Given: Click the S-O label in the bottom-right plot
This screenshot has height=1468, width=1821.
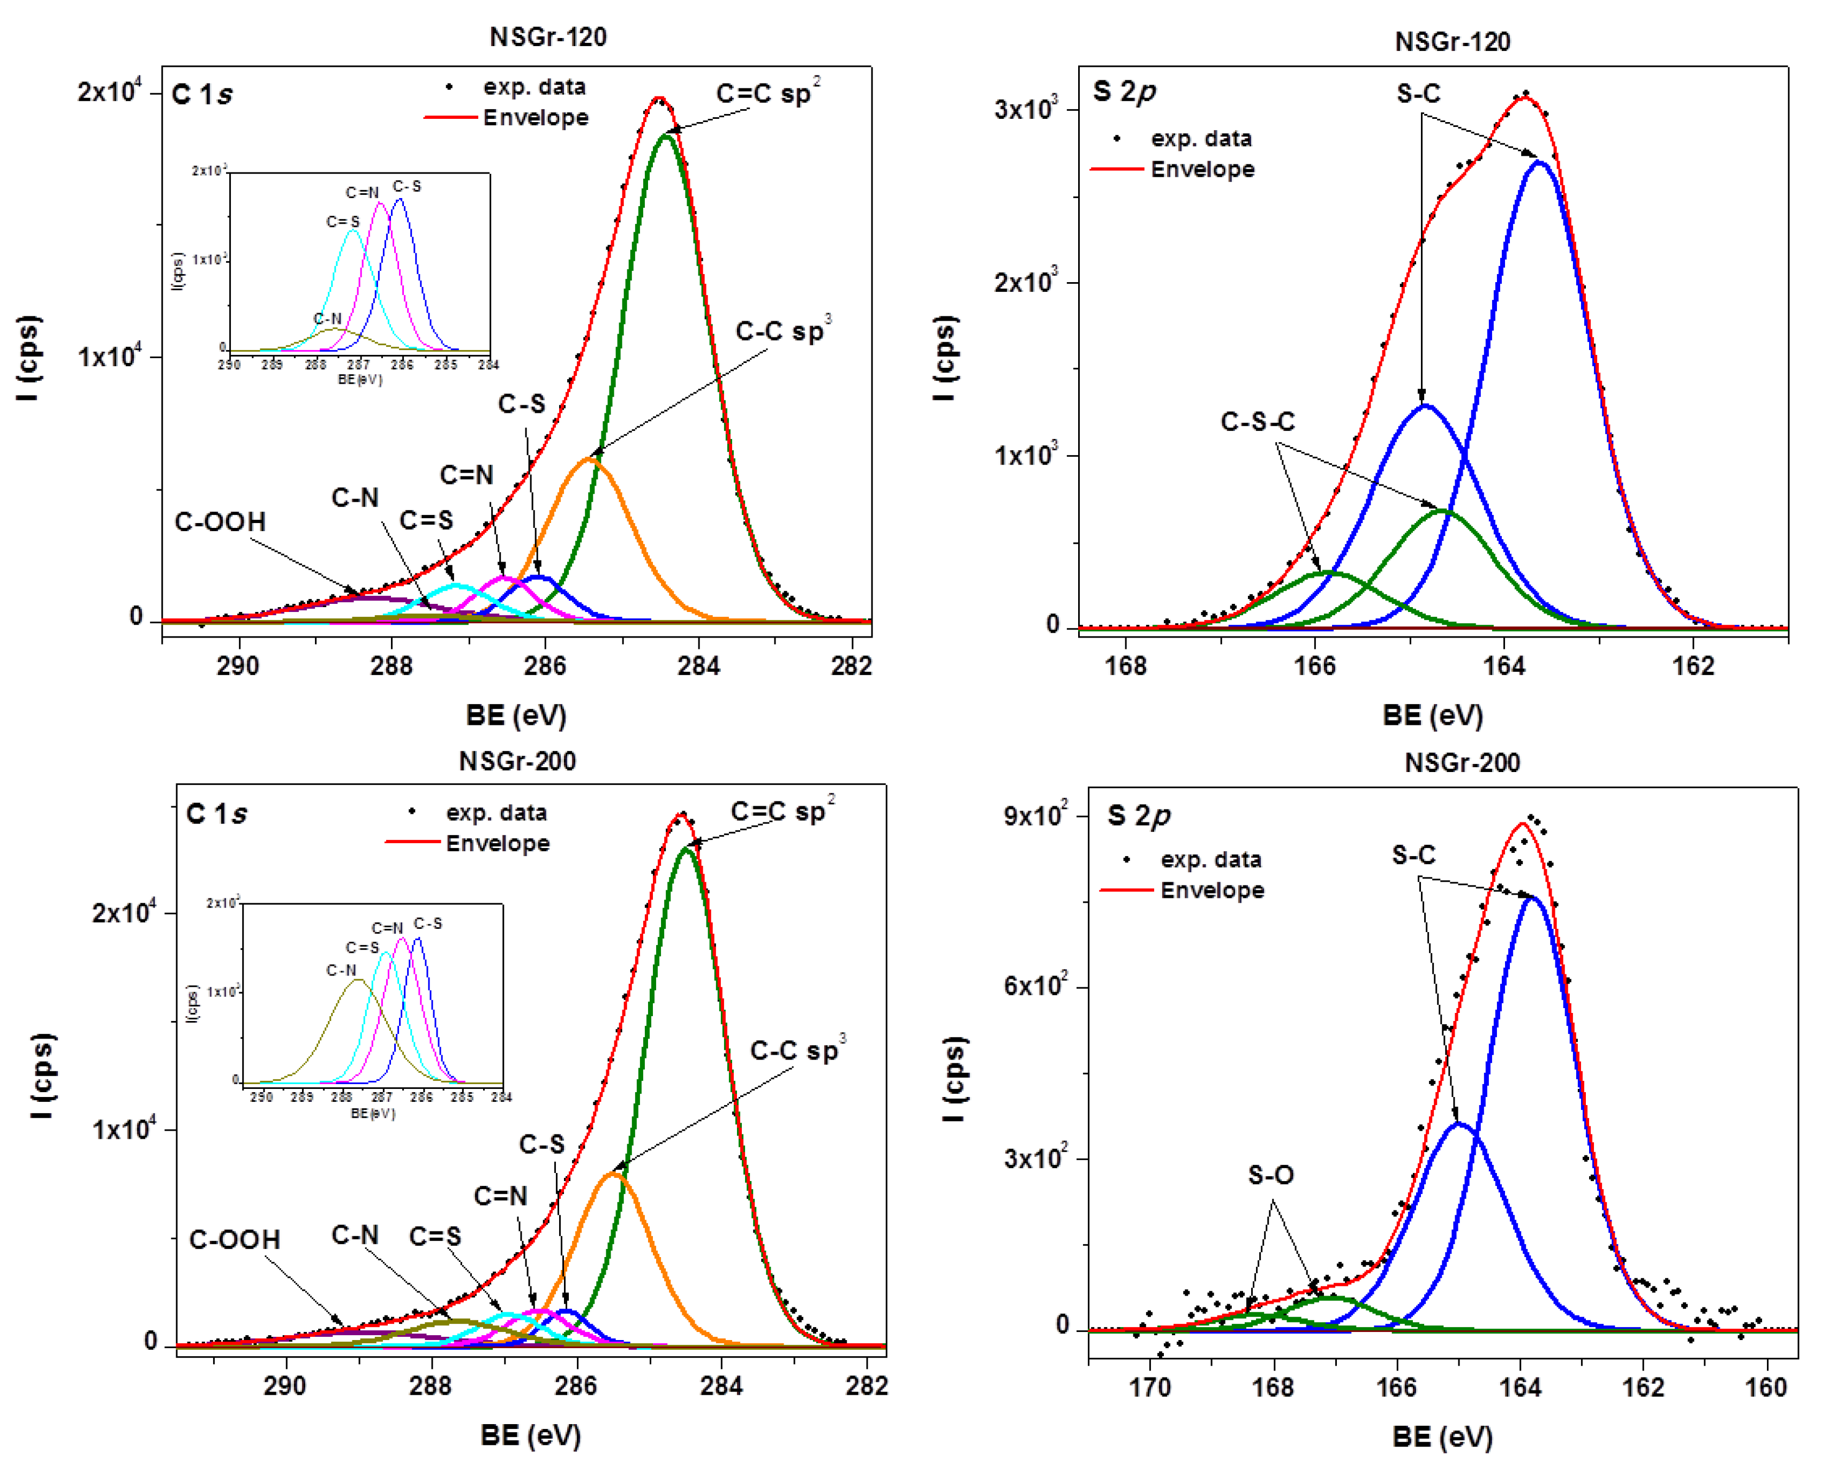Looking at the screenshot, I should click(1270, 1175).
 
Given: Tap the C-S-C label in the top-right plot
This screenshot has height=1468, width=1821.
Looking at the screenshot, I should click(1257, 421).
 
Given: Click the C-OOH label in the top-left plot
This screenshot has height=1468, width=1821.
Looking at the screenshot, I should click(220, 522).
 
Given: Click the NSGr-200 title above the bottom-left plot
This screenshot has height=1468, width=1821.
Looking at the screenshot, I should click(517, 761).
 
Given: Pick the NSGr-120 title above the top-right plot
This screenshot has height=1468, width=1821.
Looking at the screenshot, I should click(1451, 41).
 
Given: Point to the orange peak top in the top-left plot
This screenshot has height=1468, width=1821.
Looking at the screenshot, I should click(590, 459).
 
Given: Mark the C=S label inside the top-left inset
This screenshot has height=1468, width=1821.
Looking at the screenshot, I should click(343, 222).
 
